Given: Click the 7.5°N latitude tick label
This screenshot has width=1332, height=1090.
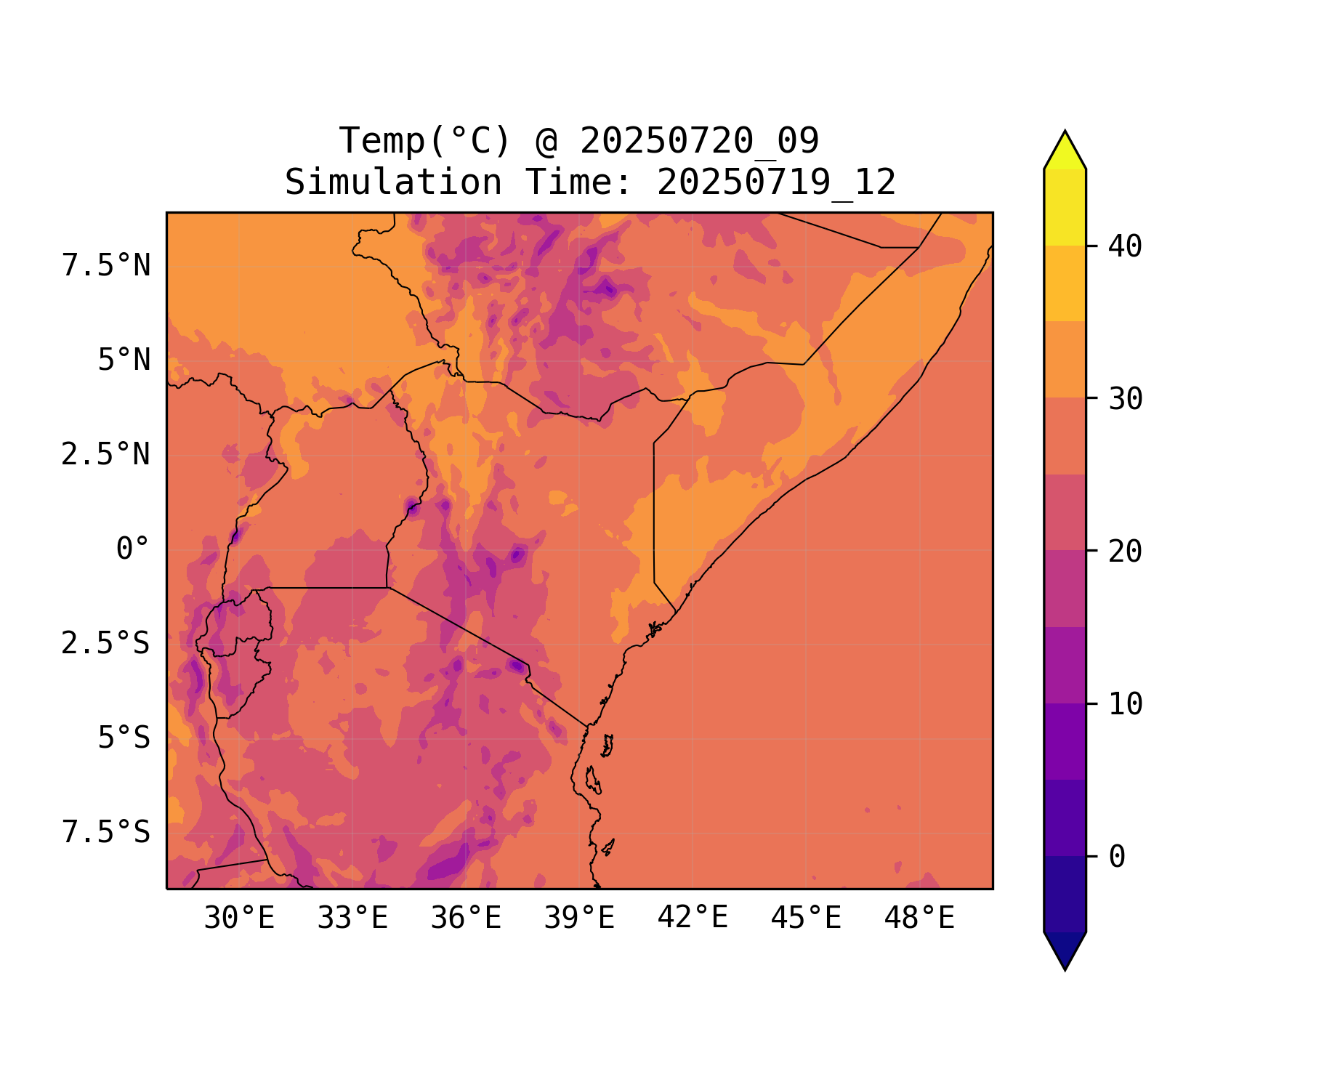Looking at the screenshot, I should click(106, 266).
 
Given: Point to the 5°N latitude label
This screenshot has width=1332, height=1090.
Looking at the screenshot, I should click(124, 360).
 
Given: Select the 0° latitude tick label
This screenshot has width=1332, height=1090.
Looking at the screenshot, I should click(133, 549).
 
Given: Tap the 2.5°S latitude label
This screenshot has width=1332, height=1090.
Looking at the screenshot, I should click(106, 644).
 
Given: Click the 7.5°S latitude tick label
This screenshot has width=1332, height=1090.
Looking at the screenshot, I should click(106, 833).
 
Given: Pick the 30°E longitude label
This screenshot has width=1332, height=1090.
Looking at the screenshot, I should click(239, 919).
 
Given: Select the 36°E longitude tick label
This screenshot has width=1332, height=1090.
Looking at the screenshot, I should click(466, 919).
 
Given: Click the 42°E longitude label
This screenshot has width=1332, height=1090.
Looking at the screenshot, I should click(693, 918).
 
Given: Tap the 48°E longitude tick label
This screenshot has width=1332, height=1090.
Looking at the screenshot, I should click(919, 919).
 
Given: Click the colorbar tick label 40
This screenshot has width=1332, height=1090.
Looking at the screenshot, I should click(1126, 246).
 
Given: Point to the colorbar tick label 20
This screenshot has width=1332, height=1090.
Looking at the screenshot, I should click(1126, 552).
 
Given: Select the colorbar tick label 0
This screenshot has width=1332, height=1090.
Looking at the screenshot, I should click(1117, 857).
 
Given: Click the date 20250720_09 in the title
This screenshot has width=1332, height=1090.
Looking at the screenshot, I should click(699, 141).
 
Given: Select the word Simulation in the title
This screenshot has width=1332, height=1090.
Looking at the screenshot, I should click(393, 182).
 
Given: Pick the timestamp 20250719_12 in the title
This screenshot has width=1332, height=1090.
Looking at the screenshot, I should click(776, 182).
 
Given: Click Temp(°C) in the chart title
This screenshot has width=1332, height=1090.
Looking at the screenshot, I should click(425, 141).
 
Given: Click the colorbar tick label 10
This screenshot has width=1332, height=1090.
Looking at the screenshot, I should click(1126, 704).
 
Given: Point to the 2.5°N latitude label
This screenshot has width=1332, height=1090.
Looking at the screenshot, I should click(106, 455).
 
